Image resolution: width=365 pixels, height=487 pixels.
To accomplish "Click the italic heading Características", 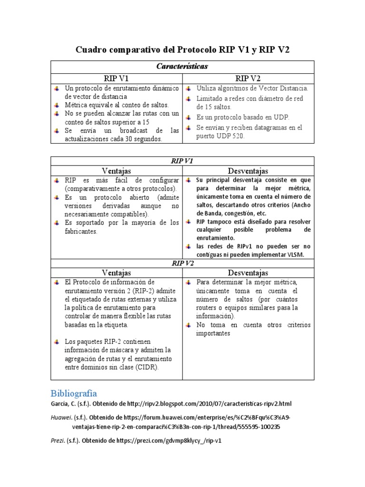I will tap(182, 67).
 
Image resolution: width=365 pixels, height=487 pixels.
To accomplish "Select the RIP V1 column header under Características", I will tap(116, 78).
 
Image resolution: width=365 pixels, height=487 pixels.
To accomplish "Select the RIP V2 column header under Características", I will tap(248, 78).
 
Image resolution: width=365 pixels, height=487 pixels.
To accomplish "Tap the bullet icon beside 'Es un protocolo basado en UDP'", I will tap(189, 117).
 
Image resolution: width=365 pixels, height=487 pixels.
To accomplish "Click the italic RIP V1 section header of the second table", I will tap(182, 161).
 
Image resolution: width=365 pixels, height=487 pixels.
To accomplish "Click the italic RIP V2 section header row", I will tap(182, 263).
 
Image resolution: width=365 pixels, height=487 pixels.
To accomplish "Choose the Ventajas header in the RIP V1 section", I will tap(116, 171).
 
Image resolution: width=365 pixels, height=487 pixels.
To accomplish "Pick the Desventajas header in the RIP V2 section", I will tap(248, 273).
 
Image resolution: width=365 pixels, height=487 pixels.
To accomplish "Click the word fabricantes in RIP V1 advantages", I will tap(81, 232).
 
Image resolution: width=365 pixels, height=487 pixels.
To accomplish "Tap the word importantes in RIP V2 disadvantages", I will tap(213, 333).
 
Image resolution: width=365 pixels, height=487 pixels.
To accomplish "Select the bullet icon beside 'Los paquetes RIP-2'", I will tap(57, 342).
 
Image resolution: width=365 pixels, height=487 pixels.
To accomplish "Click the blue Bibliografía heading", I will tap(74, 393).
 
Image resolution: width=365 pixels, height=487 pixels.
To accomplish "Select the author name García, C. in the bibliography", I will tap(64, 404).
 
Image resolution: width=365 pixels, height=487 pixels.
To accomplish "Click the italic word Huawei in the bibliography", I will tap(61, 418).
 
